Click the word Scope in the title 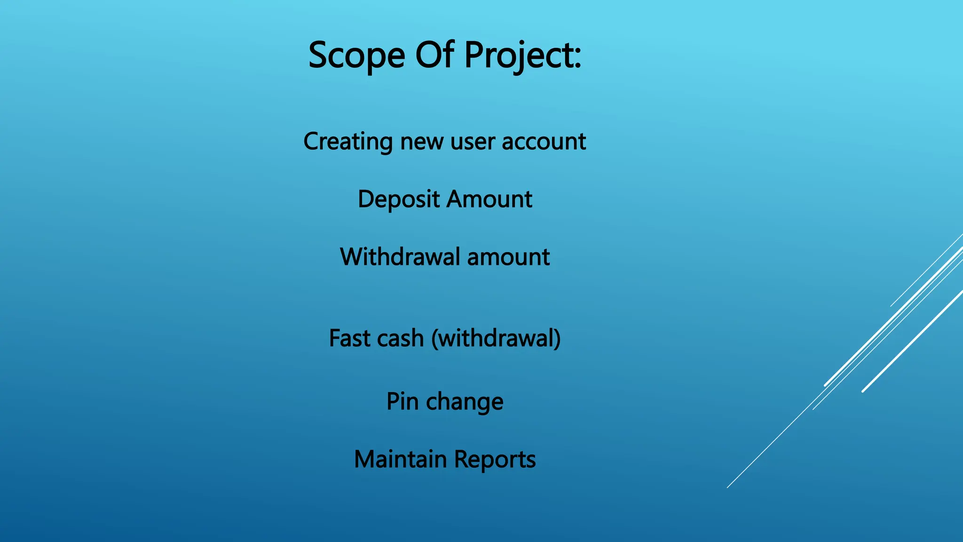[356, 56]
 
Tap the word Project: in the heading [522, 56]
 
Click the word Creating [348, 142]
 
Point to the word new [422, 142]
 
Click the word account [544, 142]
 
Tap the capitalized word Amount [489, 199]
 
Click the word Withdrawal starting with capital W [400, 257]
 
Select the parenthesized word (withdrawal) [496, 339]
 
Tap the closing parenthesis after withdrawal [557, 339]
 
